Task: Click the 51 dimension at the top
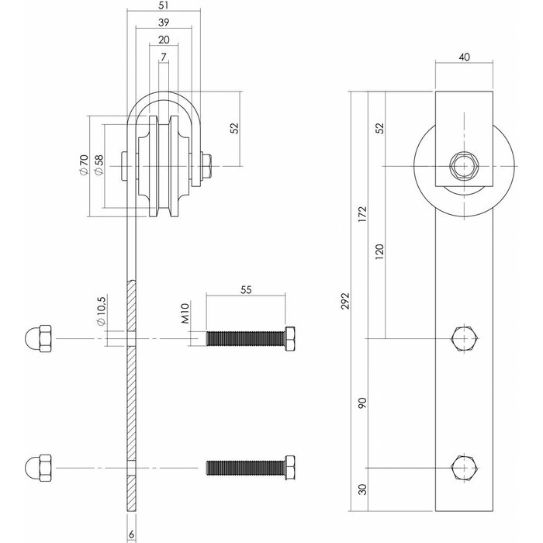(x=162, y=6)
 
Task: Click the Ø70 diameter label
(x=83, y=164)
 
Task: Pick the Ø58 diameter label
(x=99, y=164)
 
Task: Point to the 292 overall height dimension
(x=345, y=300)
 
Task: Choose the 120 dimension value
(x=379, y=252)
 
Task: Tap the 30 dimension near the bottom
(x=362, y=490)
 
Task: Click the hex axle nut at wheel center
(x=463, y=165)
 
